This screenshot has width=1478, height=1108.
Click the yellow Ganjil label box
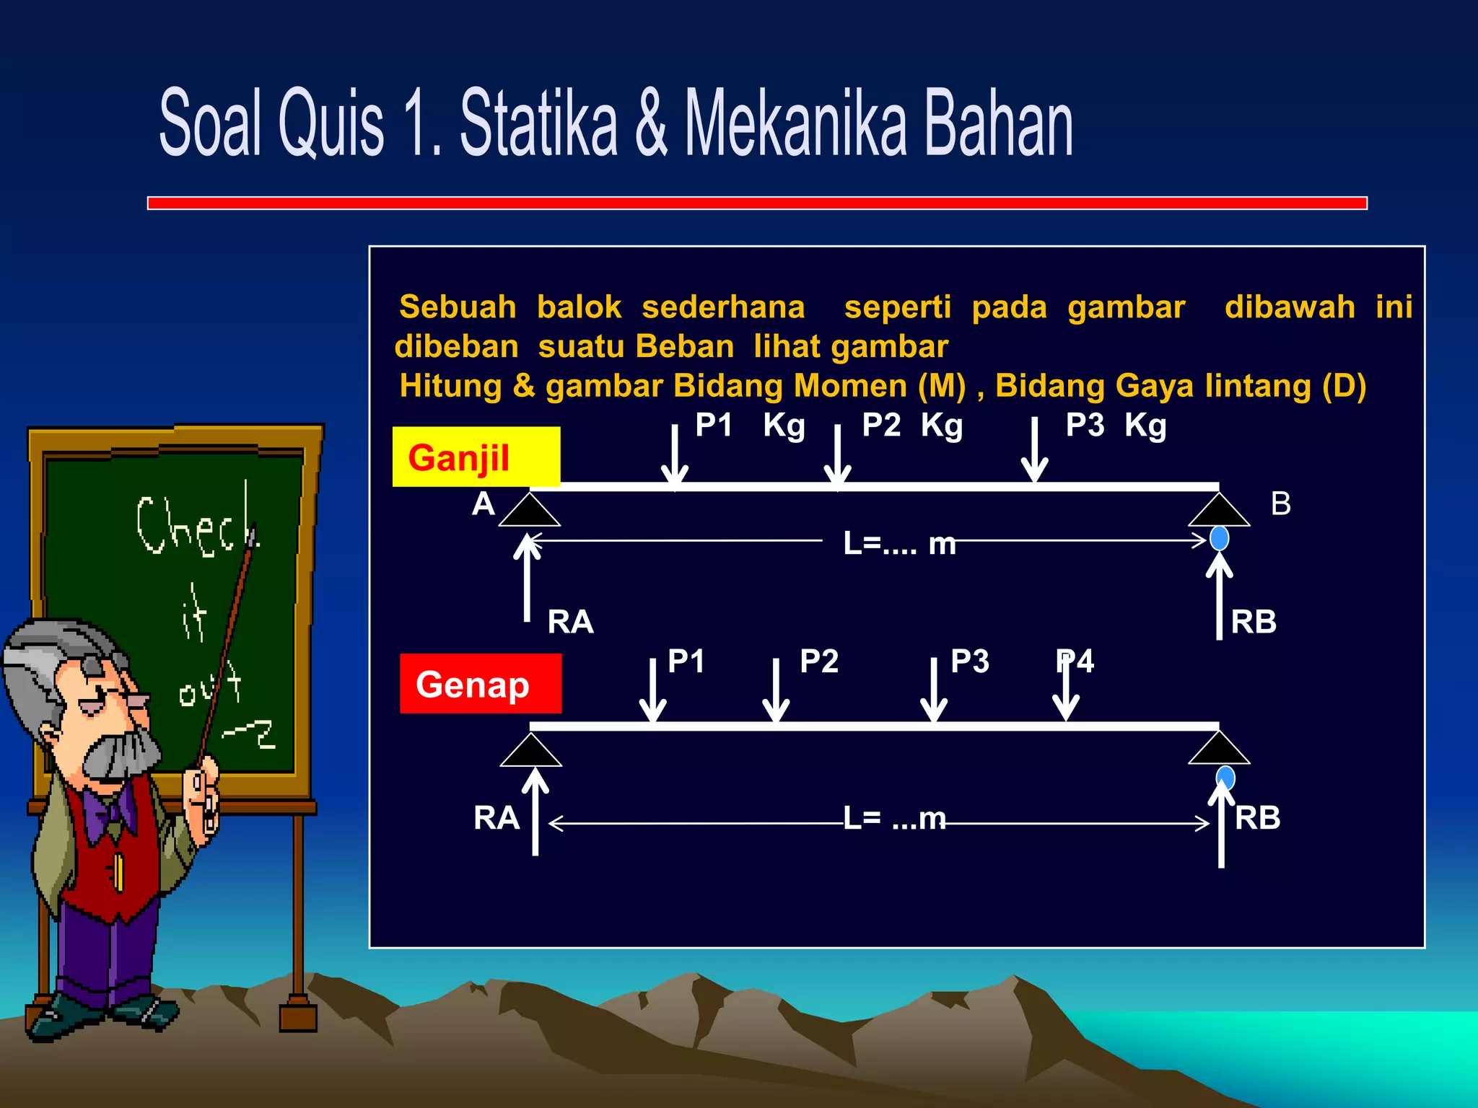click(476, 457)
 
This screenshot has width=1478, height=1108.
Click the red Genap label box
click(480, 683)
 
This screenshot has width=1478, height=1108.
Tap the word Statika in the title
click(538, 123)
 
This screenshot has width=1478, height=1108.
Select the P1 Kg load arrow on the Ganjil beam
click(675, 454)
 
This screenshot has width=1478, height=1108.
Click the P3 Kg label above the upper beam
click(1115, 425)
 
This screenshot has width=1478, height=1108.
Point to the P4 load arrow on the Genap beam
click(1066, 692)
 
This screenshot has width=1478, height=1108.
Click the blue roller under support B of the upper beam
click(1219, 538)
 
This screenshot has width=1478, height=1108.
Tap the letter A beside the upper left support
click(483, 504)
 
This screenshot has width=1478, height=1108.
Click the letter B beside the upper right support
click(1280, 504)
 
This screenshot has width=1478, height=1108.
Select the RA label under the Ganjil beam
click(570, 622)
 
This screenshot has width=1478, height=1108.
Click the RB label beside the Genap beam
click(1257, 818)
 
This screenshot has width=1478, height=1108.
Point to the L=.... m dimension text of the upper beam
click(898, 543)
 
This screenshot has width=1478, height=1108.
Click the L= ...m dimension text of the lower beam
click(894, 819)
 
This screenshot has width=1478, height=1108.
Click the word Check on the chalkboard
click(195, 527)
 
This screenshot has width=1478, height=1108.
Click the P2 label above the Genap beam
click(818, 661)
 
